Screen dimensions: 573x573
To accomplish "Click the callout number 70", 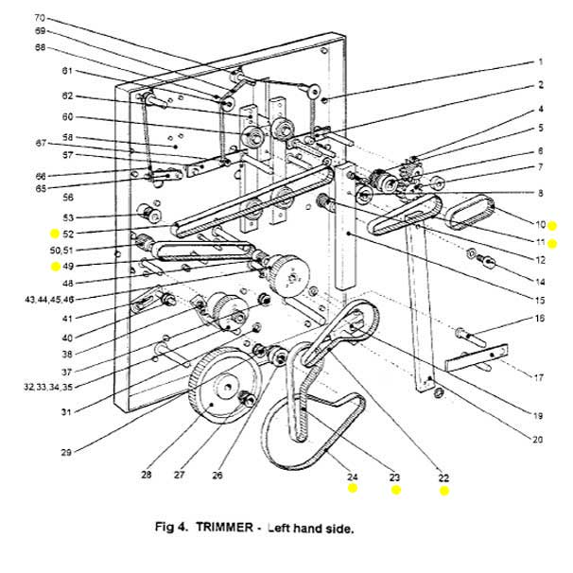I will click(66, 17).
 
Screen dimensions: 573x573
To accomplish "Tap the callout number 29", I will click(66, 453).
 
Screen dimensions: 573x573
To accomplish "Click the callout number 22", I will click(443, 477).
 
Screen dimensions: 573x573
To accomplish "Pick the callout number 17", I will click(538, 378).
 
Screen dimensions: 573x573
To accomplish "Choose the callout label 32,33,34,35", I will click(65, 386).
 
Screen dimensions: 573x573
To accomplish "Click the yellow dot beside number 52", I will click(55, 233).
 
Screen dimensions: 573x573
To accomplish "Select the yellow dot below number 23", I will click(396, 491).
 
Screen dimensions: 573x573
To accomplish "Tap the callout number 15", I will click(539, 300).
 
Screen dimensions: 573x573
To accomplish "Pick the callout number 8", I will click(540, 193).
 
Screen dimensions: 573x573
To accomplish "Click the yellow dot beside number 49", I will click(55, 267).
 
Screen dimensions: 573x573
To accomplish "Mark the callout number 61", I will click(67, 71).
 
